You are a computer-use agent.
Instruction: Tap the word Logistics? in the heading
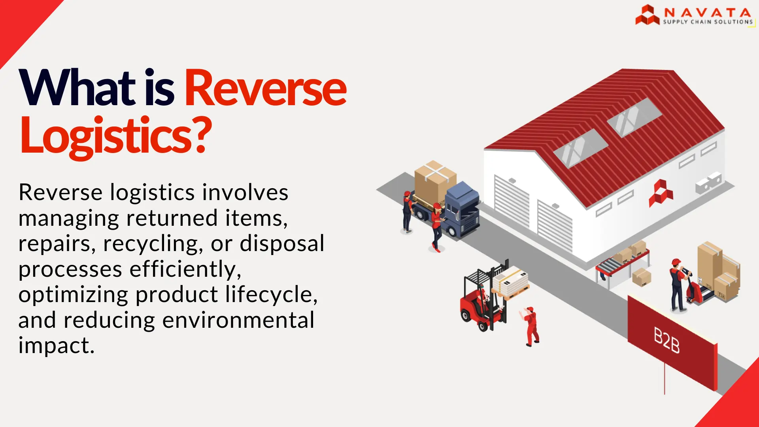[115, 135]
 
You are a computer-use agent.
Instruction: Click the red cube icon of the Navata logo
[647, 15]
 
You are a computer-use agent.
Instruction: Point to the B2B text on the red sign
[666, 340]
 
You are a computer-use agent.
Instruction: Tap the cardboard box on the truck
[435, 182]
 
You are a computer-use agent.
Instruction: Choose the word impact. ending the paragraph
[57, 346]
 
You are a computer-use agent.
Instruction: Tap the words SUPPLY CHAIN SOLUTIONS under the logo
[708, 22]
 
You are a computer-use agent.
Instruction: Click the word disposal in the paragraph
[282, 244]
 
